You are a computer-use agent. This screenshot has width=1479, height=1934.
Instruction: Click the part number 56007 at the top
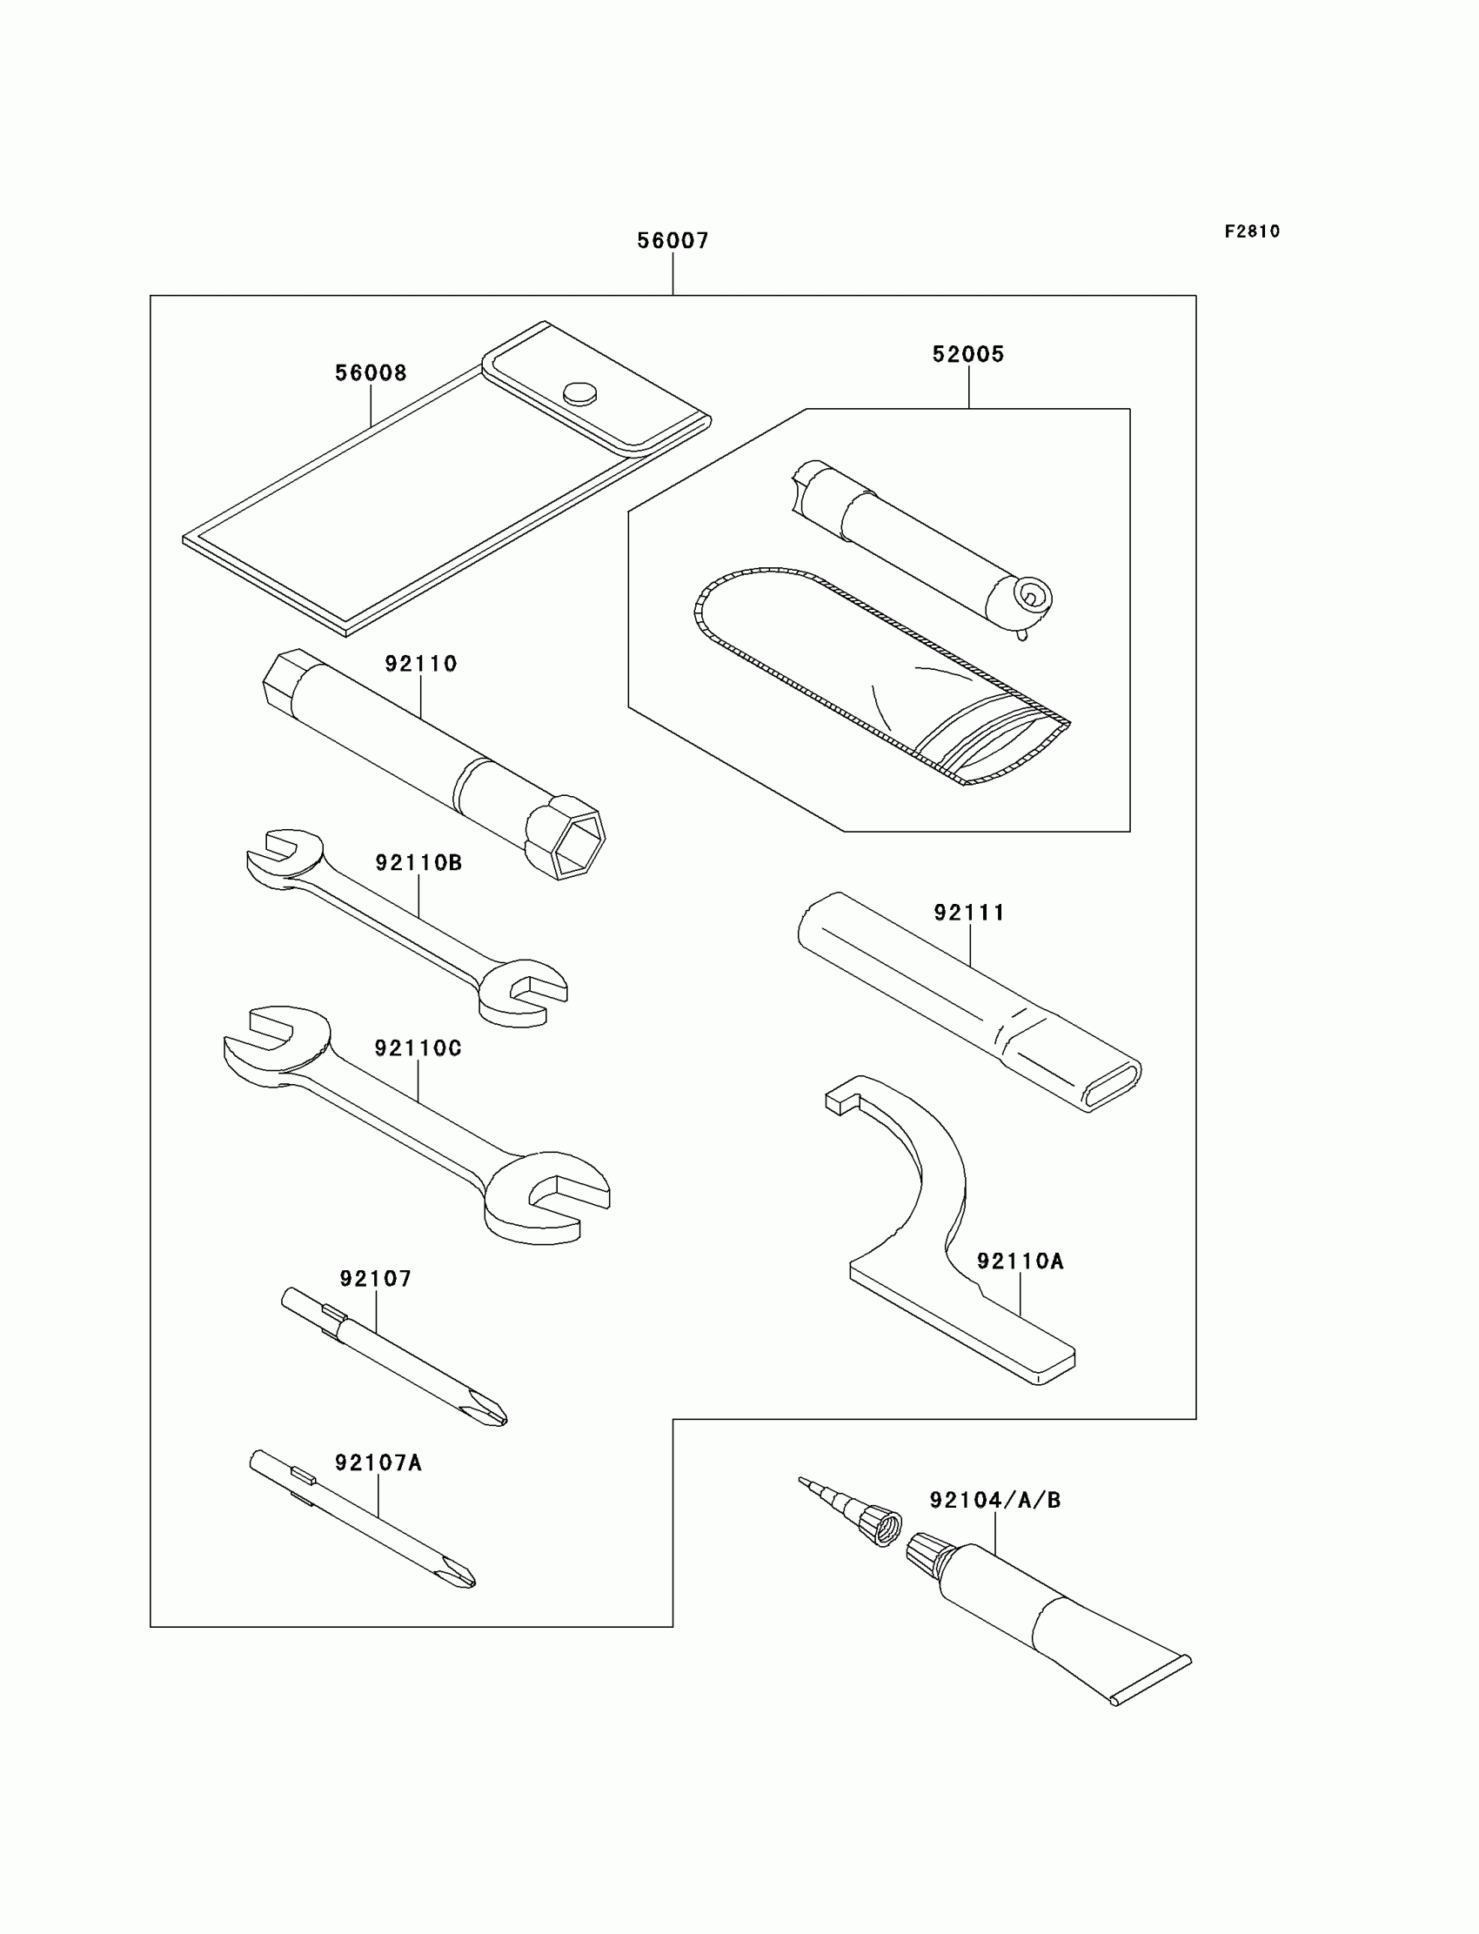point(673,240)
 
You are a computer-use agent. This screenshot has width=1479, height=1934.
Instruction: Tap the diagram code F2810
point(1252,231)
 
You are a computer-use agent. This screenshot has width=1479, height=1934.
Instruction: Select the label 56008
point(371,373)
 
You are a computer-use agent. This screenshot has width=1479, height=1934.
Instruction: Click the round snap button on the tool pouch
point(579,392)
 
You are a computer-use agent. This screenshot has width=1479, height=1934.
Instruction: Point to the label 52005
point(968,354)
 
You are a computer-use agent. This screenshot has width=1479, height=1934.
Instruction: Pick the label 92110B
point(418,863)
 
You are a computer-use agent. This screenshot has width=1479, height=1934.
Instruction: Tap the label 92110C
point(418,1048)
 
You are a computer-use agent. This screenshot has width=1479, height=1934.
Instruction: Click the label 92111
point(969,913)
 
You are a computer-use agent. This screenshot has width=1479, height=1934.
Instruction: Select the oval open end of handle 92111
point(1113,1090)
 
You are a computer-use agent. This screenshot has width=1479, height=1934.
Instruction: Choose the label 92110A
point(1021,1261)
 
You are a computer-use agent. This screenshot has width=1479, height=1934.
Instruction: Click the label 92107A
point(378,1463)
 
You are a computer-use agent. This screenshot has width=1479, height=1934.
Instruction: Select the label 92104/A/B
point(994,1500)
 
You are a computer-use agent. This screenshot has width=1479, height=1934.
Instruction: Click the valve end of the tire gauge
point(1030,599)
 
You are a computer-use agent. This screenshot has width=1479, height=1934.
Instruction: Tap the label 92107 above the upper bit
point(376,1278)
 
